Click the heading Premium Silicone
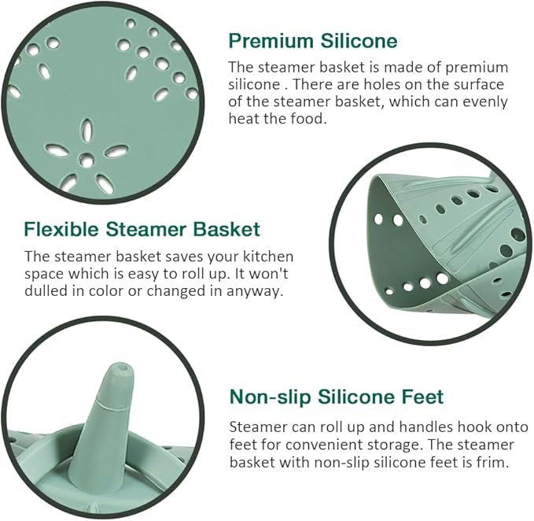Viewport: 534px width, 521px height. (x=313, y=41)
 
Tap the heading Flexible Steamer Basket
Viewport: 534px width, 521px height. (x=142, y=229)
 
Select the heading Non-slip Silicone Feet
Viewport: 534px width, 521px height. (x=337, y=397)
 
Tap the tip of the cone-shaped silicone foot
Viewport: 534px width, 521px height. (x=120, y=367)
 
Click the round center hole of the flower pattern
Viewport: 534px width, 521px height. (x=87, y=161)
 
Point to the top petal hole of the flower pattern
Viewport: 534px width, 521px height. (x=87, y=130)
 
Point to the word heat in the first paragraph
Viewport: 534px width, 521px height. (x=242, y=119)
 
